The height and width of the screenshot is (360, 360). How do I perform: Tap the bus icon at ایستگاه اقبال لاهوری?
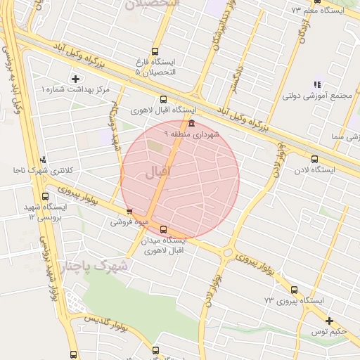(x=164, y=99)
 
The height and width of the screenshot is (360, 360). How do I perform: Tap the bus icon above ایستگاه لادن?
(x=314, y=159)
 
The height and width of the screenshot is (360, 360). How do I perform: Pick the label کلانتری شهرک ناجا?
(x=39, y=170)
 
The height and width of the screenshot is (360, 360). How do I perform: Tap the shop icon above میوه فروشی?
(x=129, y=212)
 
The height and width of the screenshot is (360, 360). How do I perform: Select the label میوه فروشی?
(x=129, y=222)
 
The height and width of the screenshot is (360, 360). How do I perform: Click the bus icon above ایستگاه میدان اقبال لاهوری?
(x=164, y=229)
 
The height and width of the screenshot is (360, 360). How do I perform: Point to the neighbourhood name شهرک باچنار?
(x=95, y=267)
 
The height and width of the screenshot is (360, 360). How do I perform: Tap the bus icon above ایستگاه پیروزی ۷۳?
(x=294, y=290)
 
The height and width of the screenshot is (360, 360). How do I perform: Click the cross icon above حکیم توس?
(x=329, y=321)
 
